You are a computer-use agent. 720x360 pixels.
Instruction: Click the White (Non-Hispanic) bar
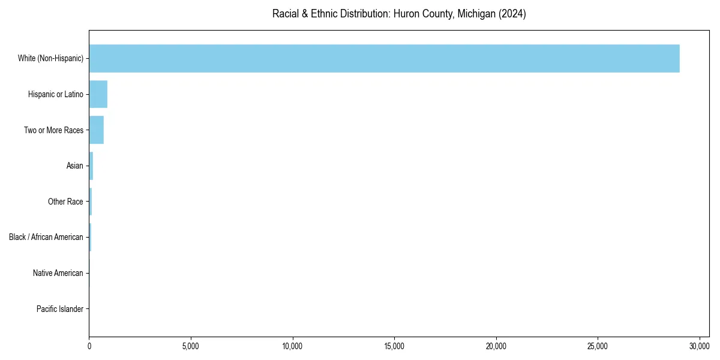(x=384, y=58)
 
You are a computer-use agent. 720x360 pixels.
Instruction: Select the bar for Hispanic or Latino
(x=98, y=94)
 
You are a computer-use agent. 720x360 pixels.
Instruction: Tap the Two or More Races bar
(x=96, y=130)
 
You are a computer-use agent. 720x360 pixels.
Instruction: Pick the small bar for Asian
(x=91, y=166)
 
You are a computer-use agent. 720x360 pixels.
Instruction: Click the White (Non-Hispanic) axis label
(x=50, y=58)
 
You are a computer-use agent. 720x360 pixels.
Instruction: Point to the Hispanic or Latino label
(x=55, y=94)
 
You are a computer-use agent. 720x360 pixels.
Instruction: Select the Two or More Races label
(x=53, y=130)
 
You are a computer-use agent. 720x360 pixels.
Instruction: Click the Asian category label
(x=74, y=166)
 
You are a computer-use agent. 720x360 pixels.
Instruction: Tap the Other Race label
(x=65, y=202)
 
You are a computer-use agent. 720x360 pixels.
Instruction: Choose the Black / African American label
(x=46, y=237)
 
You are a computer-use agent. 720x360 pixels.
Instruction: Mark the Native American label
(x=58, y=273)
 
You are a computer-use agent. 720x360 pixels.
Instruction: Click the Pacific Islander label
(x=59, y=309)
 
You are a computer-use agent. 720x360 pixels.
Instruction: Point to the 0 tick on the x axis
(x=89, y=346)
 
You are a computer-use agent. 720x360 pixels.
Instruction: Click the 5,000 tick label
(x=191, y=346)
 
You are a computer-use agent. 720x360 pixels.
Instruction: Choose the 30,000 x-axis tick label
(x=700, y=346)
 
